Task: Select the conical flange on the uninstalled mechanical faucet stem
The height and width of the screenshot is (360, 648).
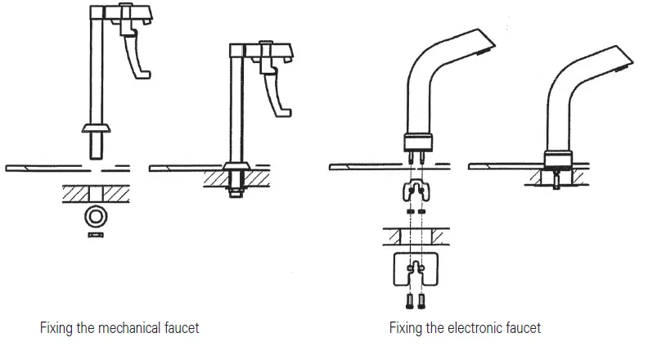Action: point(97,128)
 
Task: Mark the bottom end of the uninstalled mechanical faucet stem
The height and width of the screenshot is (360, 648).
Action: point(97,155)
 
